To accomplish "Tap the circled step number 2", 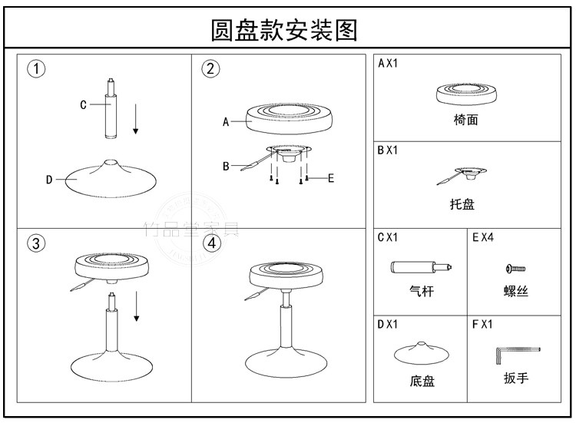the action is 210,69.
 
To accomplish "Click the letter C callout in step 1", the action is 83,105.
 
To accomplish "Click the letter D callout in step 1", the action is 48,180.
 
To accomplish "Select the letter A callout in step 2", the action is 226,121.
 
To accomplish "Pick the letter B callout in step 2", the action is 226,165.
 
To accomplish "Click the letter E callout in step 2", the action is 331,178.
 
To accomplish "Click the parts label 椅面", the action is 465,121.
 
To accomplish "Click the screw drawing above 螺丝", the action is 514,269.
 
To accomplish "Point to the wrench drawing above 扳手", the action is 517,354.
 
